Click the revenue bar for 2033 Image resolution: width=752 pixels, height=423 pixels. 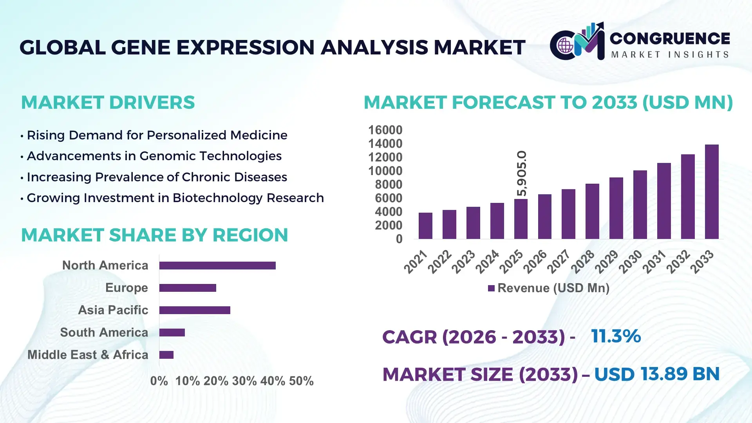(712, 192)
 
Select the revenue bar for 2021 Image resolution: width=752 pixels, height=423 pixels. (425, 226)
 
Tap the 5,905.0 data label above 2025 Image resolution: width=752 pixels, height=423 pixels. (522, 173)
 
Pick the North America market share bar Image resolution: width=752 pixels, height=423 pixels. (217, 266)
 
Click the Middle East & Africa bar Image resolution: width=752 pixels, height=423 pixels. (166, 355)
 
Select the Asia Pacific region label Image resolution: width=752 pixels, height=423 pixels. (113, 310)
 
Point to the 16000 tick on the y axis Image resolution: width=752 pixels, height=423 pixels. (385, 130)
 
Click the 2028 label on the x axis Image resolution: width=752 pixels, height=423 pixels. (582, 262)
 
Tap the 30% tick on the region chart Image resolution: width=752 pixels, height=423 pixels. (244, 381)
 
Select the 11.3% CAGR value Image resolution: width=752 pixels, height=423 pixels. (616, 336)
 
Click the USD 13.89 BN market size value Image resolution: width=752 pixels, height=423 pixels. (657, 374)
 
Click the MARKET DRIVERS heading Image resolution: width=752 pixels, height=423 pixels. (108, 103)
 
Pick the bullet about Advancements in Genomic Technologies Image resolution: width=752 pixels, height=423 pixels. (154, 156)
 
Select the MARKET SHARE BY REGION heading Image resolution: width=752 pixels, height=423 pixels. (154, 235)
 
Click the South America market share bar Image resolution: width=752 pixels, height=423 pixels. (172, 333)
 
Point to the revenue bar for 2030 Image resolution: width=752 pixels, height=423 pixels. (640, 204)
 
